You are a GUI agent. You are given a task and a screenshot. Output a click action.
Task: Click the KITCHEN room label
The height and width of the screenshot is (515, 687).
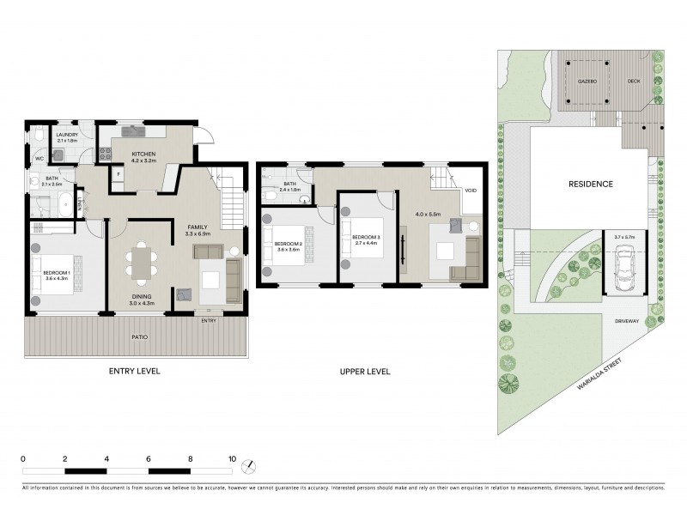[x=143, y=154]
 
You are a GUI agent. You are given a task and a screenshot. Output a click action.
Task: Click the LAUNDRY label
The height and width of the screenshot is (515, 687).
[x=66, y=135]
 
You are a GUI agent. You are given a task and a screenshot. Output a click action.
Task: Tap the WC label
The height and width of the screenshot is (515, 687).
[x=40, y=160]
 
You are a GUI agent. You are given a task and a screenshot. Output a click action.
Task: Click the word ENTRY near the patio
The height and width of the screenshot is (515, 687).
[x=209, y=321]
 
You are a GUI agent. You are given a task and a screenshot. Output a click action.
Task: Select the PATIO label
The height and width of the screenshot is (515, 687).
[x=139, y=337]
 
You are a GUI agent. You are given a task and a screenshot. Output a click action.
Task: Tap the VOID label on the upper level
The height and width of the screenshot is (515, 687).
[x=470, y=191]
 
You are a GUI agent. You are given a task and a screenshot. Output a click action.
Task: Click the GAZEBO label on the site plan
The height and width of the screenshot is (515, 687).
[x=587, y=82]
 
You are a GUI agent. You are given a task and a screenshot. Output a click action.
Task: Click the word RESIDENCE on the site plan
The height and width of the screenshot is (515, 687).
[x=589, y=184]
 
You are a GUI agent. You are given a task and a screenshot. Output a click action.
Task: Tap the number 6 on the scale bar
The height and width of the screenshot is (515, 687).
[x=149, y=459]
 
